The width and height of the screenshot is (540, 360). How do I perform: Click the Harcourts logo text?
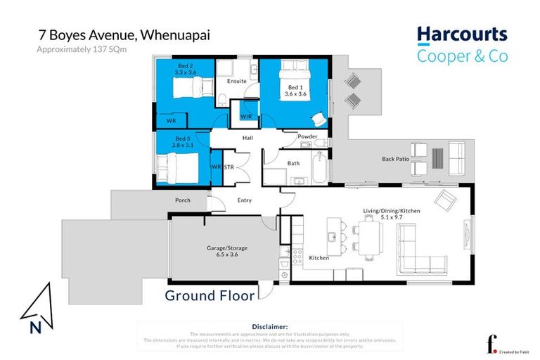click(x=461, y=35)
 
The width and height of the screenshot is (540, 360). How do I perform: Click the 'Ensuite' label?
click(x=238, y=81)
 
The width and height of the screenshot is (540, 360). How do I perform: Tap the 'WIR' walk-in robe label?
click(x=246, y=116)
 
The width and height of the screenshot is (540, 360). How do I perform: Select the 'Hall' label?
click(x=247, y=138)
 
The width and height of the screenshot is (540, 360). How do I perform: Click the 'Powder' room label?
click(x=307, y=136)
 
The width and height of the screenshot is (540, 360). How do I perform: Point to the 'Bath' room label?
click(x=294, y=163)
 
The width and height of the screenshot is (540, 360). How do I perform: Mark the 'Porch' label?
click(x=182, y=200)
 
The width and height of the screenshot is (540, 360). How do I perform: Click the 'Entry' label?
click(x=244, y=200)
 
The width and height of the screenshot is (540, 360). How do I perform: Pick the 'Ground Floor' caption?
click(x=210, y=295)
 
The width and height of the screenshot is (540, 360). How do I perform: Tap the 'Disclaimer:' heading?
click(x=269, y=326)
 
